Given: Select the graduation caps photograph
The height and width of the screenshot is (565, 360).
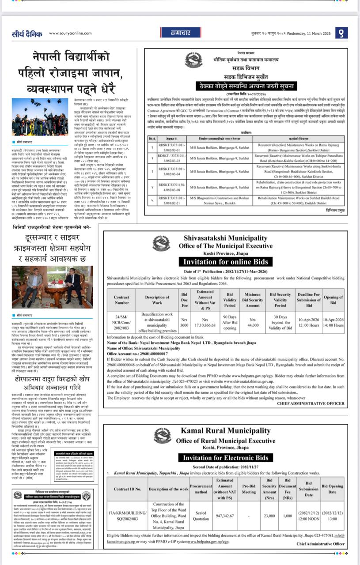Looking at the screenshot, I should tap(40, 117).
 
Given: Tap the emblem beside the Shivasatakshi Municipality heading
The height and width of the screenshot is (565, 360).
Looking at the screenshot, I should tap(161, 244).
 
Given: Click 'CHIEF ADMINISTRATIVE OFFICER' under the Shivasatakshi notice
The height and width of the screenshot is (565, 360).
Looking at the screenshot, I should tap(311, 403).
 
